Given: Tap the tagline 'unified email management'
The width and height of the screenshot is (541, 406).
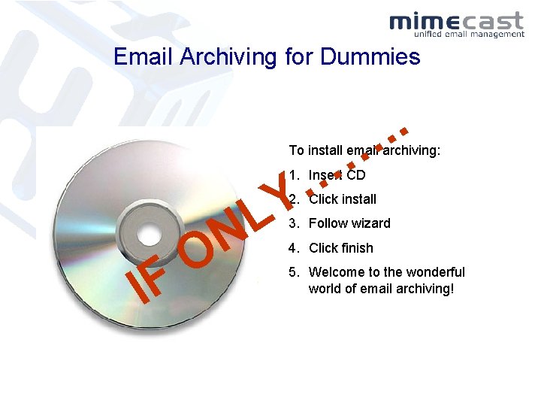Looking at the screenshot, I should [469, 34].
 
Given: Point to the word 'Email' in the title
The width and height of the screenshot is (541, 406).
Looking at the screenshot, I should [141, 56].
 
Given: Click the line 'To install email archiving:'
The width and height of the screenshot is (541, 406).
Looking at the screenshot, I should [364, 150].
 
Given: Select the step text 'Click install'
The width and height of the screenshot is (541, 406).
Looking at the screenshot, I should [343, 199].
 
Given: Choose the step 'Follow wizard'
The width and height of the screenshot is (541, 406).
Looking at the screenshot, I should [349, 223].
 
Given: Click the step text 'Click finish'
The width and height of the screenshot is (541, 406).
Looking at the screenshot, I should [340, 248].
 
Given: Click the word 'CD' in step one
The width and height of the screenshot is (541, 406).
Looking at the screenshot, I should [356, 175].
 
